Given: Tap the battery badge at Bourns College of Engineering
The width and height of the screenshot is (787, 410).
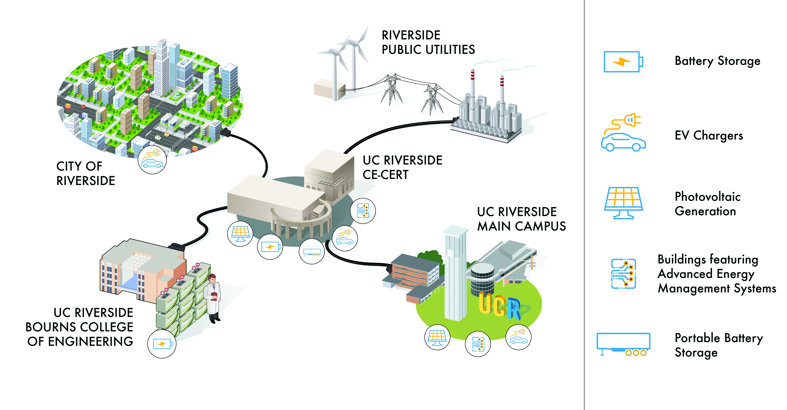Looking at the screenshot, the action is coord(162,344).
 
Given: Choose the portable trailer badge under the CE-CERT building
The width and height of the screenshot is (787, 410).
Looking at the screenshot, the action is coord(312,251).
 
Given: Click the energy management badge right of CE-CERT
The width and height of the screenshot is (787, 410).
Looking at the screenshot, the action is coord(363,211).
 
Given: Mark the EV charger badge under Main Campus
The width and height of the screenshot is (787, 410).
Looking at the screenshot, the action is coord(519,337).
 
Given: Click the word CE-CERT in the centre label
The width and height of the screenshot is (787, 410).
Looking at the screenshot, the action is coord(386,175).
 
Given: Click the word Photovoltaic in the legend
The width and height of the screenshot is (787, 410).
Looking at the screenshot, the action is coord(708,197).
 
